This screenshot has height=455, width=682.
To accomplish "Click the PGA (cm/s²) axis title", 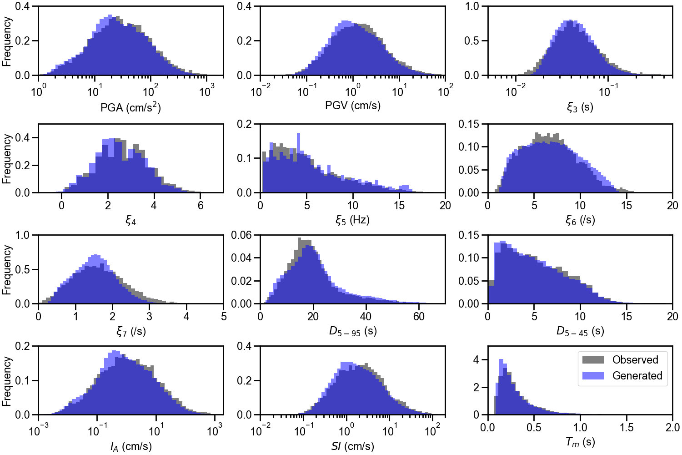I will (130, 107).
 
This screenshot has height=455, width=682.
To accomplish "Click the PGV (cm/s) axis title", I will (353, 106).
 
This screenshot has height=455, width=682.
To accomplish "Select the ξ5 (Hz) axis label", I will (352, 220).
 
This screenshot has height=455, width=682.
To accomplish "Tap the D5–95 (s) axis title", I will (353, 331).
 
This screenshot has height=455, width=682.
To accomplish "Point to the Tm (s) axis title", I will (580, 442).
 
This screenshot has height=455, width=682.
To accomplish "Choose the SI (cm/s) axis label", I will (353, 446).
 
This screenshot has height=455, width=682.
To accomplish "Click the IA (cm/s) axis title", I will (130, 446).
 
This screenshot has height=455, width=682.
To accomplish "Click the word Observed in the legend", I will (635, 360).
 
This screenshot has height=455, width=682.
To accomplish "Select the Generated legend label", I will (637, 376).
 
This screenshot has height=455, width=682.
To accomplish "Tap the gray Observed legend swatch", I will (593, 360).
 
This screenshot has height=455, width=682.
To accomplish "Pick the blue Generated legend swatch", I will (593, 376).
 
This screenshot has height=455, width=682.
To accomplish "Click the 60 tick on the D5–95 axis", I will (419, 316).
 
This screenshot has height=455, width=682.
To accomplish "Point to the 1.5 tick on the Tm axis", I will (626, 428).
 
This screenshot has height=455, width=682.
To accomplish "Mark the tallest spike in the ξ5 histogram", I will (299, 135).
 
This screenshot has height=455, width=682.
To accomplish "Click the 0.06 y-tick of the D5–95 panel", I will (241, 235).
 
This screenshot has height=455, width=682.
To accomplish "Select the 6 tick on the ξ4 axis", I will (201, 205).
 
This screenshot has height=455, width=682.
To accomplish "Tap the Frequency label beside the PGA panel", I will (7, 41).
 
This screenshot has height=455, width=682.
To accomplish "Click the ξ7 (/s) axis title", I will (130, 331).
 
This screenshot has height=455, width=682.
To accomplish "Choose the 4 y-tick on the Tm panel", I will (476, 360).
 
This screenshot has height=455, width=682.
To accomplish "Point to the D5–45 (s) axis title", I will (580, 331).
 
